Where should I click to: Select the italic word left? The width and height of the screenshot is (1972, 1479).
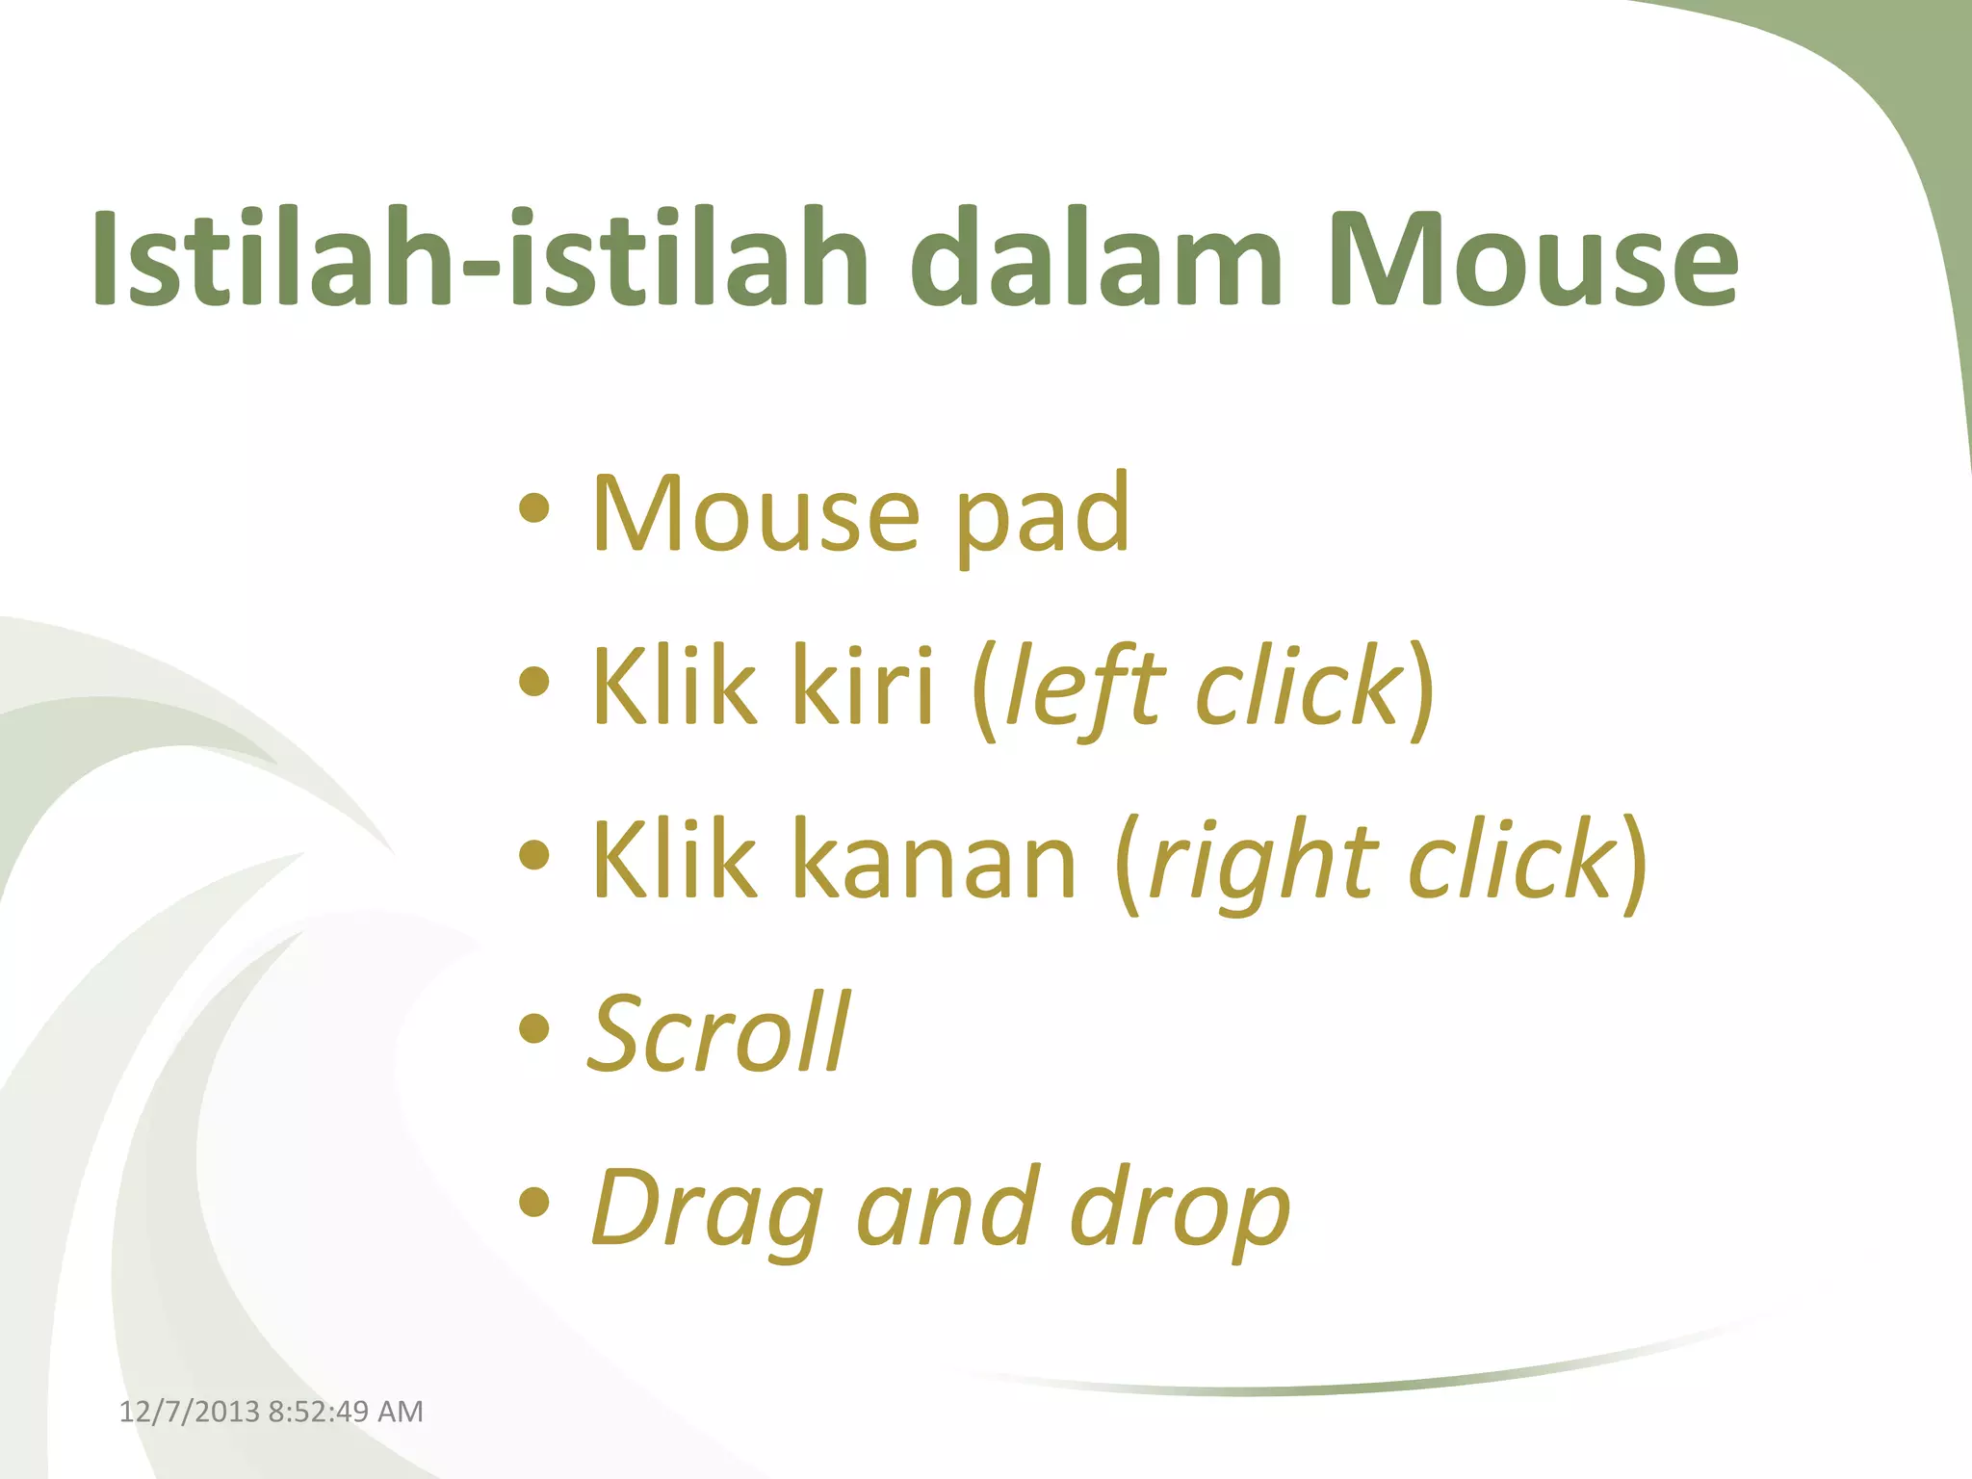coord(1083,688)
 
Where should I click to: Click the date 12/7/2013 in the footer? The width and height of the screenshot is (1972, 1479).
coord(189,1412)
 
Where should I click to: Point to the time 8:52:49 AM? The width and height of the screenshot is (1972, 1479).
coord(346,1412)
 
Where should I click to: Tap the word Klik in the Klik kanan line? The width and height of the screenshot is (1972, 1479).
coord(674,861)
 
